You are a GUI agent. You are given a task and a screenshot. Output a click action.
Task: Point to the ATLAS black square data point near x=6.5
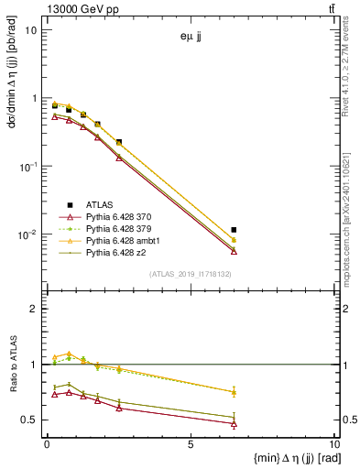234,230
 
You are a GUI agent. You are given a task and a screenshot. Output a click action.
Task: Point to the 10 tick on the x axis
333,447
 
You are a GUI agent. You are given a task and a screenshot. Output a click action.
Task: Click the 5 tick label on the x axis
190,447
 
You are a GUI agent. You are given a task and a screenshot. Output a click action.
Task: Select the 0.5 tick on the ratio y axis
29,420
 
